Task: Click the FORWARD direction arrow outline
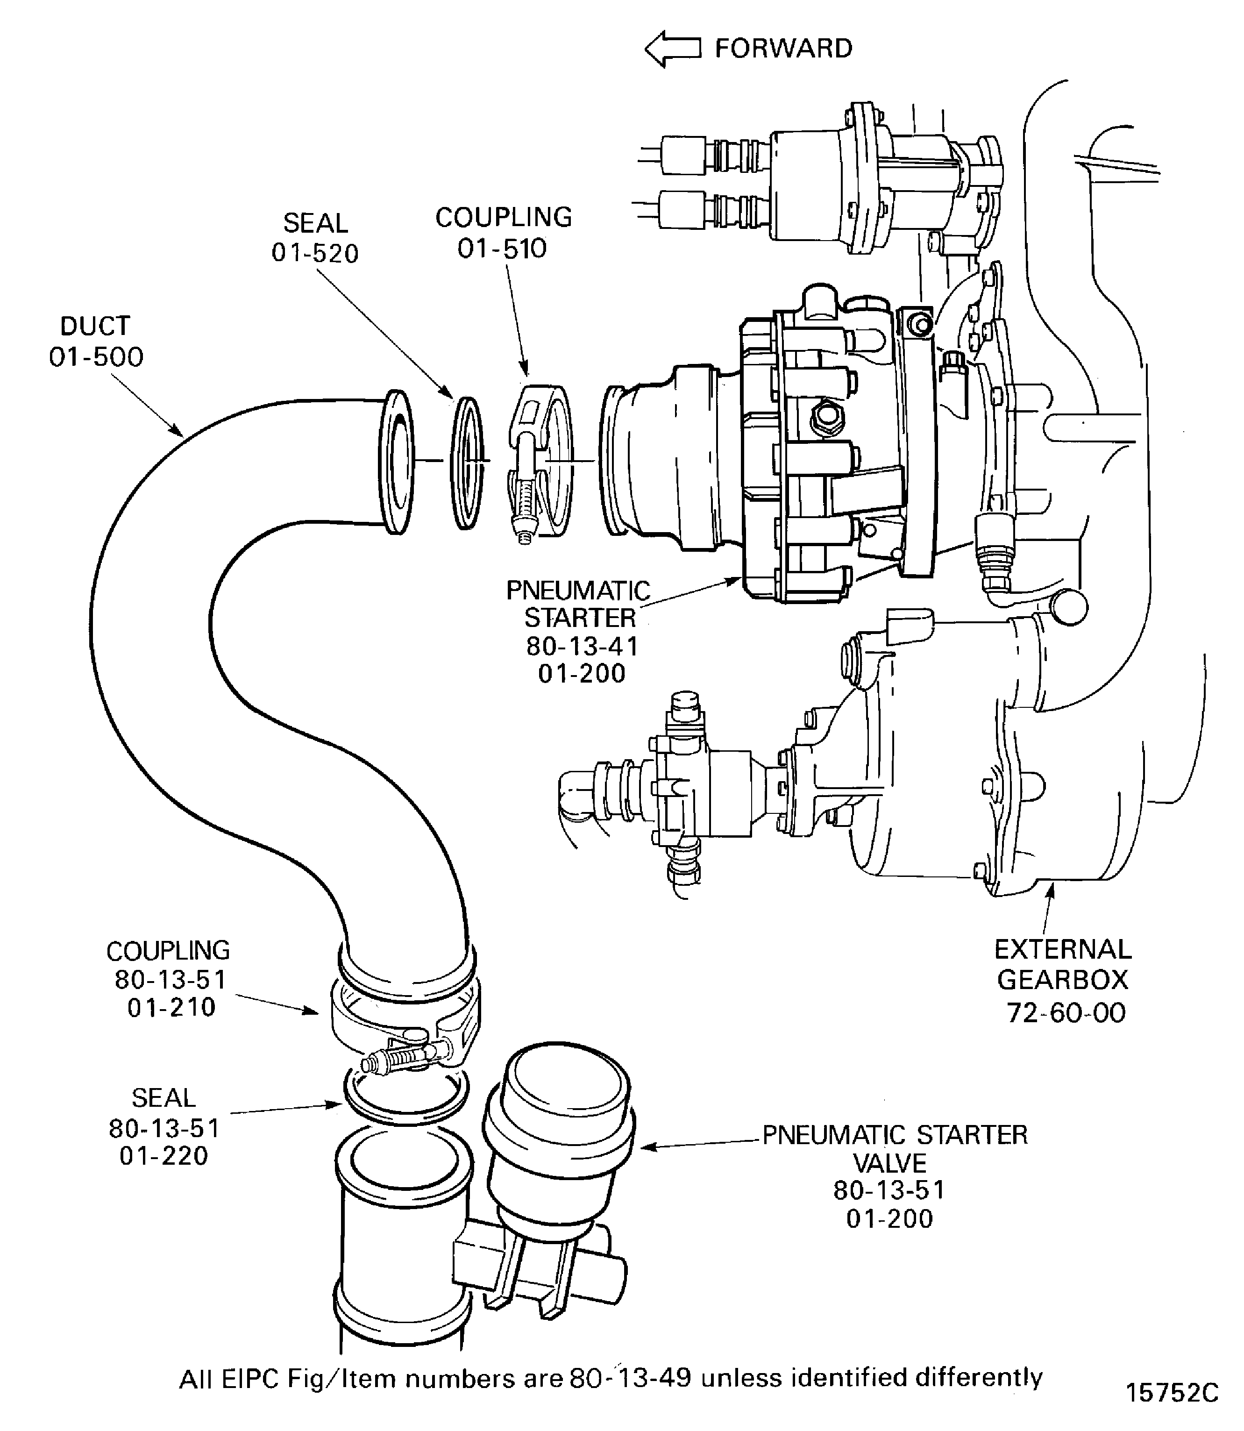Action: click(672, 49)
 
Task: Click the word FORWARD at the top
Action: click(783, 49)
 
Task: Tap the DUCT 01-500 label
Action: click(96, 342)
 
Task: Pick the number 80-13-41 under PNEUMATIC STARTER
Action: click(582, 647)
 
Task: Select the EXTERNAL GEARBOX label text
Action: click(1063, 964)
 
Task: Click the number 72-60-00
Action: click(1066, 1013)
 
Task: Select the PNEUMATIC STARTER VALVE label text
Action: click(894, 1149)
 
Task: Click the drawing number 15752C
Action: click(1172, 1393)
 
